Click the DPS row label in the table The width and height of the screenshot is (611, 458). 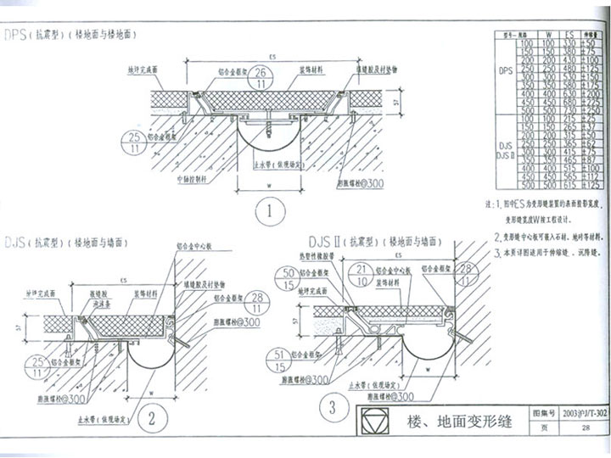coord(507,73)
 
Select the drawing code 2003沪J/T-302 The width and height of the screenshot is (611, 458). coord(585,413)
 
